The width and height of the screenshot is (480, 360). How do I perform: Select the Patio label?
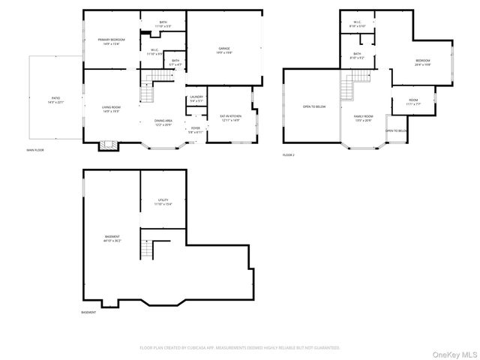(x=55, y=100)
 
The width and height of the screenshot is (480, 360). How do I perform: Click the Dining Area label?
(x=163, y=122)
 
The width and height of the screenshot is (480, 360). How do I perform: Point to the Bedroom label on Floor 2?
(x=421, y=63)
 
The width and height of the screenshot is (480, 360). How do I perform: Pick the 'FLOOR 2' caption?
(x=289, y=154)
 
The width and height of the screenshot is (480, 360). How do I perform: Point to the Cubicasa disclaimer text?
(x=240, y=348)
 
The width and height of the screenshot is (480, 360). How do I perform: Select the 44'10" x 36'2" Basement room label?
(x=112, y=238)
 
